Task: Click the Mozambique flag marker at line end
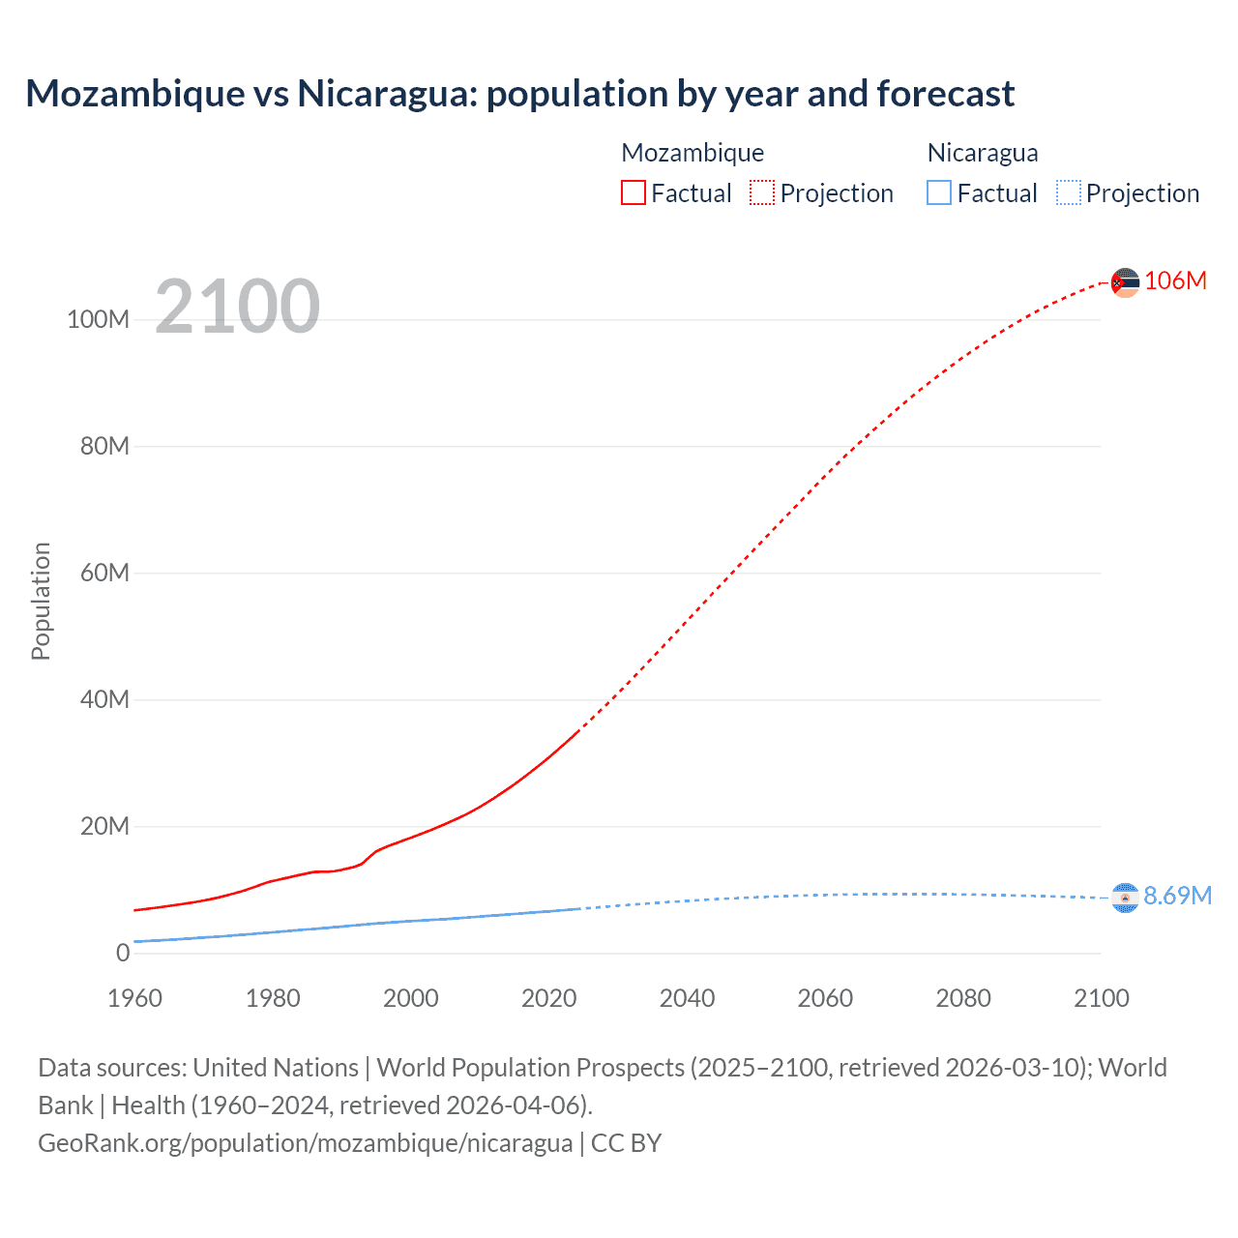tap(1125, 282)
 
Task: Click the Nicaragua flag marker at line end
tap(1125, 898)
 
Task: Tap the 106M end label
tap(1175, 280)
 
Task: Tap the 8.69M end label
tap(1177, 896)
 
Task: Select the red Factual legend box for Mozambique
tap(634, 192)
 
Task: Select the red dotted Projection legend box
tap(762, 192)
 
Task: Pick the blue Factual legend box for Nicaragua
tap(939, 192)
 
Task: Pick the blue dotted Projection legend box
tap(1069, 192)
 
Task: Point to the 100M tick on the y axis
tap(98, 319)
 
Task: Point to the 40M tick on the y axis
tap(104, 699)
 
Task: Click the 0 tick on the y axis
tap(123, 953)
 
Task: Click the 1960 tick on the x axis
tap(134, 998)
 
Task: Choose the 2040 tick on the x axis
tap(687, 998)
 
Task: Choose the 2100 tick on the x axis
tap(1101, 998)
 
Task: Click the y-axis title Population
tap(41, 601)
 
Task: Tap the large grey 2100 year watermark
tap(237, 307)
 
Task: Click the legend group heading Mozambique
tap(693, 153)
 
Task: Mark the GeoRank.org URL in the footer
tap(305, 1142)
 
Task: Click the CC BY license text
tap(626, 1142)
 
